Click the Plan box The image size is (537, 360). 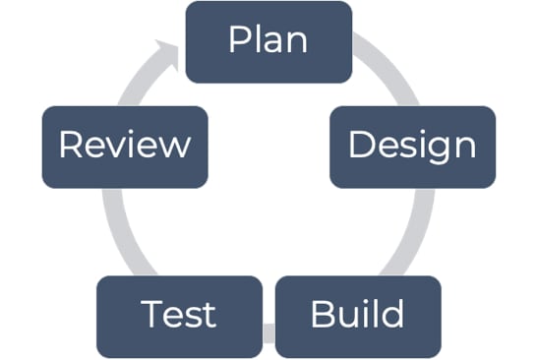pos(268,41)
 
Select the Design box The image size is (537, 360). pos(411,147)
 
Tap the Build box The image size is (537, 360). pos(357,316)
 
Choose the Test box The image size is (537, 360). pos(179,316)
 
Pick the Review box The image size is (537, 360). pos(125,147)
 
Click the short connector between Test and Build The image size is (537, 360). pos(268,334)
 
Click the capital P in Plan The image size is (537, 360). pos(237,40)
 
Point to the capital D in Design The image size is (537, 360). pos(360,146)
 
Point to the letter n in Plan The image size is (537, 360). pos(296,42)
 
